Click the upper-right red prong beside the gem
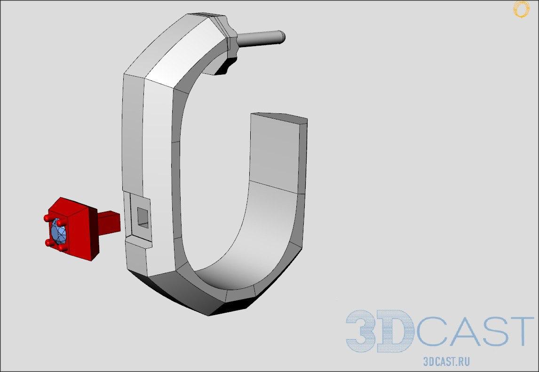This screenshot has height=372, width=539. [x=60, y=223]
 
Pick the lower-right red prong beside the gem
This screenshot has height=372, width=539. [x=62, y=247]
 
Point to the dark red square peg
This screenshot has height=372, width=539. [x=109, y=222]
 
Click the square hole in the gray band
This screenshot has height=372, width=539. [x=143, y=218]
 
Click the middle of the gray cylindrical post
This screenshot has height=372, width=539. [x=260, y=38]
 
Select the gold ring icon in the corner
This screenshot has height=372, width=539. [x=521, y=9]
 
